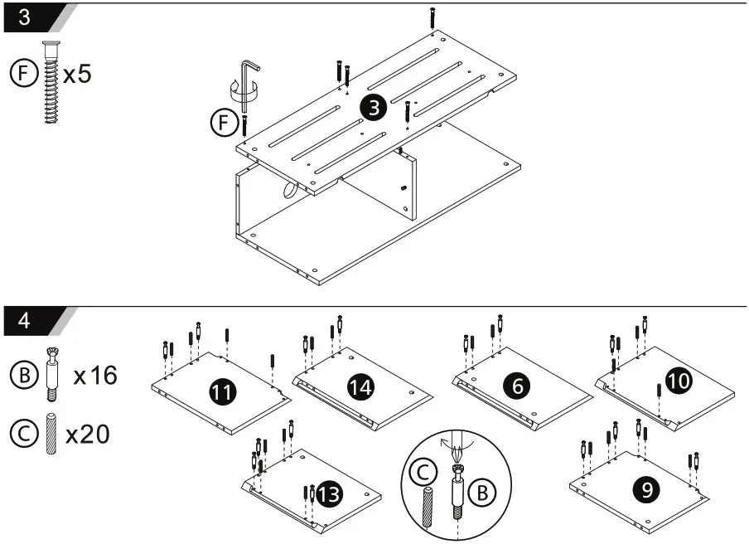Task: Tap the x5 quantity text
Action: pos(77,74)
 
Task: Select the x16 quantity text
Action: pos(95,376)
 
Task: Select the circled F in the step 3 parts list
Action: pos(22,74)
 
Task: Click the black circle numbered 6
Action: pos(517,386)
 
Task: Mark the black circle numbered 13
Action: pos(329,495)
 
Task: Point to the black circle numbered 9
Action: pos(645,490)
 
